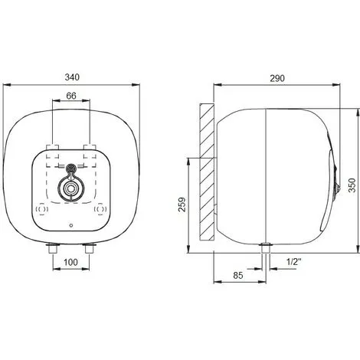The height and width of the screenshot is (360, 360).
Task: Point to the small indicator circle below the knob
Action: pyautogui.click(x=71, y=227)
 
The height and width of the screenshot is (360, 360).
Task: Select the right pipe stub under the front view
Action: pyautogui.click(x=90, y=250)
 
